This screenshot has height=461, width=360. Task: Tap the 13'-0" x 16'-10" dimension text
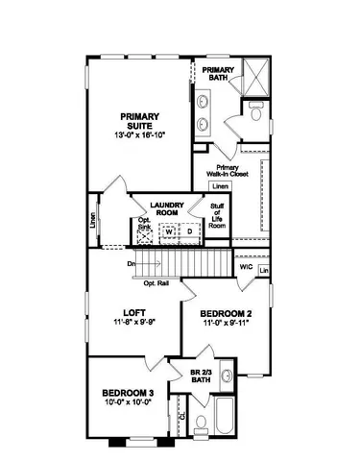pyautogui.click(x=141, y=134)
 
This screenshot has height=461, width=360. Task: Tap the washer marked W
pyautogui.click(x=168, y=231)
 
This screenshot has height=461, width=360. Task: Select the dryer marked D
pyautogui.click(x=188, y=231)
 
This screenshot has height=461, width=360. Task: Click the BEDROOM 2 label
pyautogui.click(x=226, y=314)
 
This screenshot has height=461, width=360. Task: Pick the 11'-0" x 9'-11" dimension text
pyautogui.click(x=226, y=326)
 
